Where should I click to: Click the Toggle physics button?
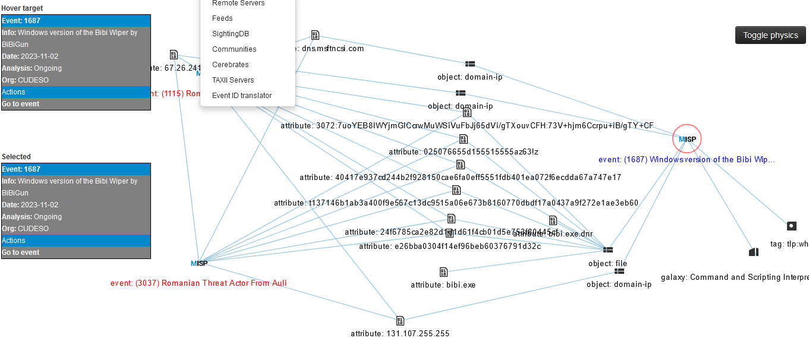770,35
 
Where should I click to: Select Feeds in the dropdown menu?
222,18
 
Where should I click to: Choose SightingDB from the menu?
231,34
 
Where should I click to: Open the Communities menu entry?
234,49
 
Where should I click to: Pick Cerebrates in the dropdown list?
230,65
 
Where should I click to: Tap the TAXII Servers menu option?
232,80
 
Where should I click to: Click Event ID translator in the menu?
241,96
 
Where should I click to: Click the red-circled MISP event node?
687,139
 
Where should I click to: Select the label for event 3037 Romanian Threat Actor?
199,283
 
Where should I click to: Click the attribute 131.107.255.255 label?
400,333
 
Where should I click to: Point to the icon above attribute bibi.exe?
443,272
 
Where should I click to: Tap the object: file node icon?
607,250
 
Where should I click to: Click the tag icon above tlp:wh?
791,226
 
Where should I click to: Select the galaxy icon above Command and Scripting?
754,252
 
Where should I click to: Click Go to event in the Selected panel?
21,252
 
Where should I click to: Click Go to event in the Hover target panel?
21,104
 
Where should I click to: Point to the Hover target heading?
22,8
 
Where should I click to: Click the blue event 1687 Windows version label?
687,160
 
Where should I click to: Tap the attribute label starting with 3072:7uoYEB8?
467,126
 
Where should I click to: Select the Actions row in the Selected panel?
14,241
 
